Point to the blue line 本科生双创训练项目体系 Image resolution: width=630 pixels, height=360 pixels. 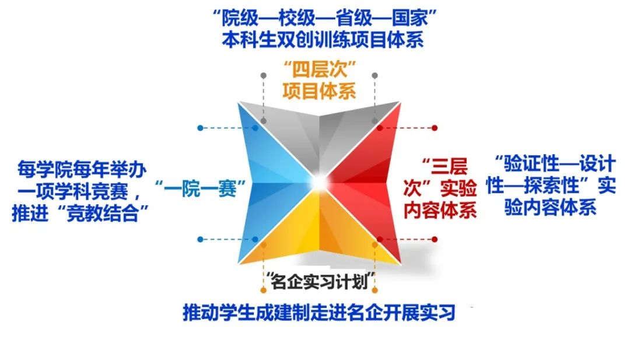[x=323, y=40]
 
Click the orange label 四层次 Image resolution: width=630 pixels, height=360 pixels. [x=320, y=70]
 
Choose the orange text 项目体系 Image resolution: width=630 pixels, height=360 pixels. [x=320, y=91]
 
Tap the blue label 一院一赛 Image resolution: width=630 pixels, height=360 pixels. [x=200, y=188]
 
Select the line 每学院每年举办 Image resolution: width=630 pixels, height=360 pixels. [x=82, y=169]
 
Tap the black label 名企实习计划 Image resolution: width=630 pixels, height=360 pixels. [x=320, y=281]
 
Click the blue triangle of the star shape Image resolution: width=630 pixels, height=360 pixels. [x=273, y=183]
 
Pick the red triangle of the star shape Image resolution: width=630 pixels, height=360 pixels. [x=366, y=183]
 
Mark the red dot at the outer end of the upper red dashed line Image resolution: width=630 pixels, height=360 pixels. [x=435, y=128]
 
